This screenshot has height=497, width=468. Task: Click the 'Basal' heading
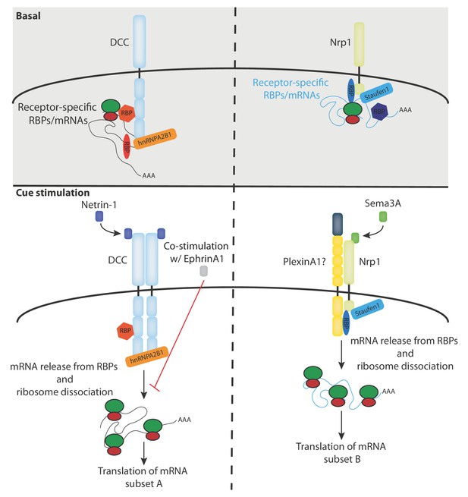(x=28, y=15)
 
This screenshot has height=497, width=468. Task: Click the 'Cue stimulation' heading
(x=52, y=193)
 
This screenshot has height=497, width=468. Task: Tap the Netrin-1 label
(x=99, y=205)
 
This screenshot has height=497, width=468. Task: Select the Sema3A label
(x=383, y=203)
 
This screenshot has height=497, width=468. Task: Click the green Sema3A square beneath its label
(x=383, y=217)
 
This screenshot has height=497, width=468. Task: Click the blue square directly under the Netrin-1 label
(x=99, y=217)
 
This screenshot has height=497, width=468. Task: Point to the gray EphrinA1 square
(x=204, y=272)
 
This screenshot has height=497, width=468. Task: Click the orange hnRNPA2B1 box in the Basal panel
(x=155, y=140)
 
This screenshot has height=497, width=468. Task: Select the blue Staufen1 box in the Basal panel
(x=376, y=93)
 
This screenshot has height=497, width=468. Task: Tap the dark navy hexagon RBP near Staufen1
(x=379, y=112)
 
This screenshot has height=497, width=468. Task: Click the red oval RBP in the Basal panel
(x=127, y=146)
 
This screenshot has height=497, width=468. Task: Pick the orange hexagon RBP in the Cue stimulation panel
(x=125, y=331)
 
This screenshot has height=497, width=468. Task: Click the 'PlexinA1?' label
(x=304, y=262)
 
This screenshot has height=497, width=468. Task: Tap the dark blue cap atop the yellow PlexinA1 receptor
(x=338, y=225)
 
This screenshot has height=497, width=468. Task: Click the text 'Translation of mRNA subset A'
(x=143, y=477)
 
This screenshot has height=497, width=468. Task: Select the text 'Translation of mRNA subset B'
(x=341, y=453)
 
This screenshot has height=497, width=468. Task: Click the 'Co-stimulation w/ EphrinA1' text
(x=196, y=253)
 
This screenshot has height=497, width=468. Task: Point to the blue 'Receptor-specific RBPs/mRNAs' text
(x=291, y=89)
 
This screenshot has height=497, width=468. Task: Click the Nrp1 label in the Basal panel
(x=341, y=42)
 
